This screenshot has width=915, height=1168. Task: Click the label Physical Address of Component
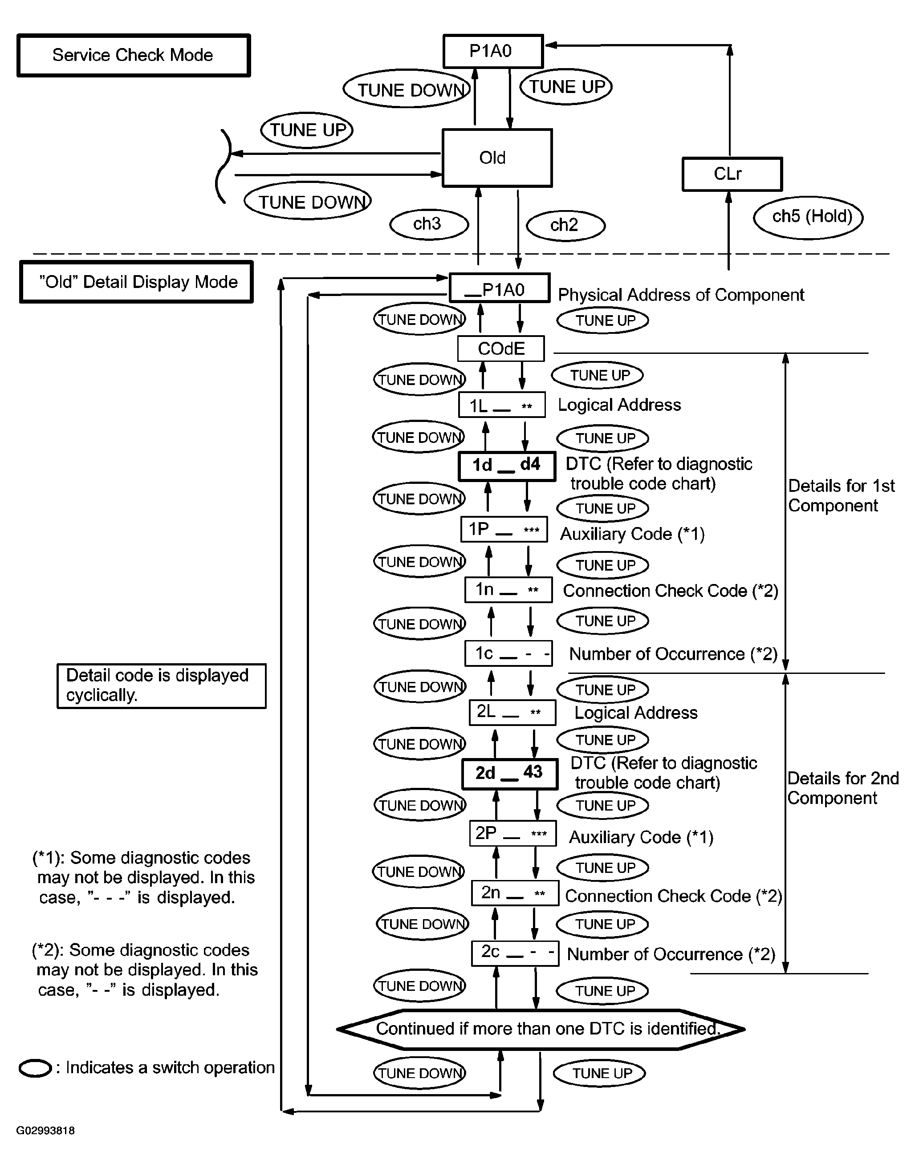[x=681, y=295]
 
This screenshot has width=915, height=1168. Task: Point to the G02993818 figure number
[x=45, y=1131]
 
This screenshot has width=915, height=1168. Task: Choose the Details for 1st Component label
[x=841, y=495]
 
